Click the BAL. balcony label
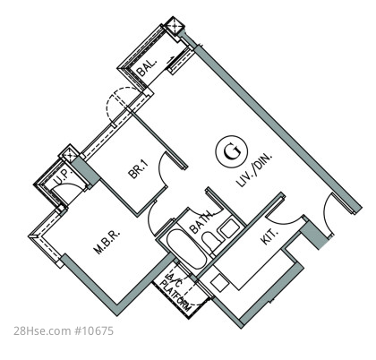tap(147, 67)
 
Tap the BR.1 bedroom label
tap(139, 169)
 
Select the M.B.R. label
tap(107, 242)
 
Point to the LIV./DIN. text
tap(254, 170)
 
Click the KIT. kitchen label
tap(269, 236)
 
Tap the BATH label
tap(201, 222)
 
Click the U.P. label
tap(64, 178)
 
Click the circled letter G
tap(231, 151)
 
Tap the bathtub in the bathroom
tap(185, 249)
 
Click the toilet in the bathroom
tap(212, 240)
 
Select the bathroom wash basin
tap(229, 228)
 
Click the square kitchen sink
tap(218, 283)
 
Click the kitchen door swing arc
tap(285, 221)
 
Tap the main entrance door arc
tap(325, 216)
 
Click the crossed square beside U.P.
tap(69, 155)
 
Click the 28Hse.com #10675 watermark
tap(64, 330)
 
